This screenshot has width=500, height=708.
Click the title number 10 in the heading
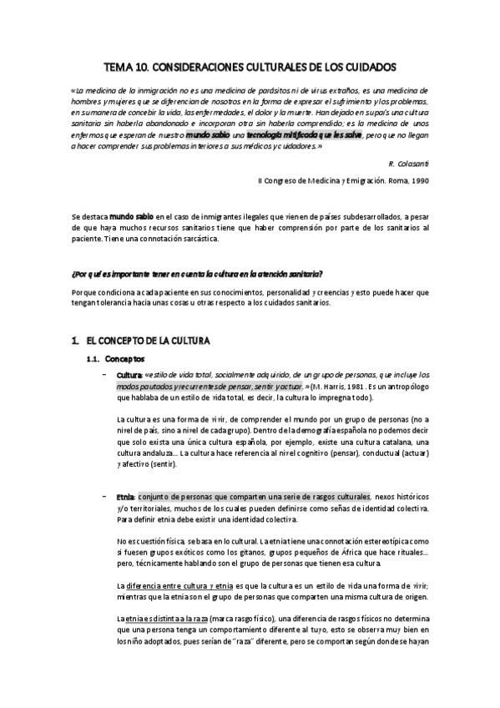[147, 65]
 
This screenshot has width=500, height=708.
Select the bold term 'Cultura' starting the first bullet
[129, 375]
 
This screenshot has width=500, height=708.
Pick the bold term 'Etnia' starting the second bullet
[125, 496]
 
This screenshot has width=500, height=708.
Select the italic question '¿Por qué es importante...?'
[198, 274]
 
